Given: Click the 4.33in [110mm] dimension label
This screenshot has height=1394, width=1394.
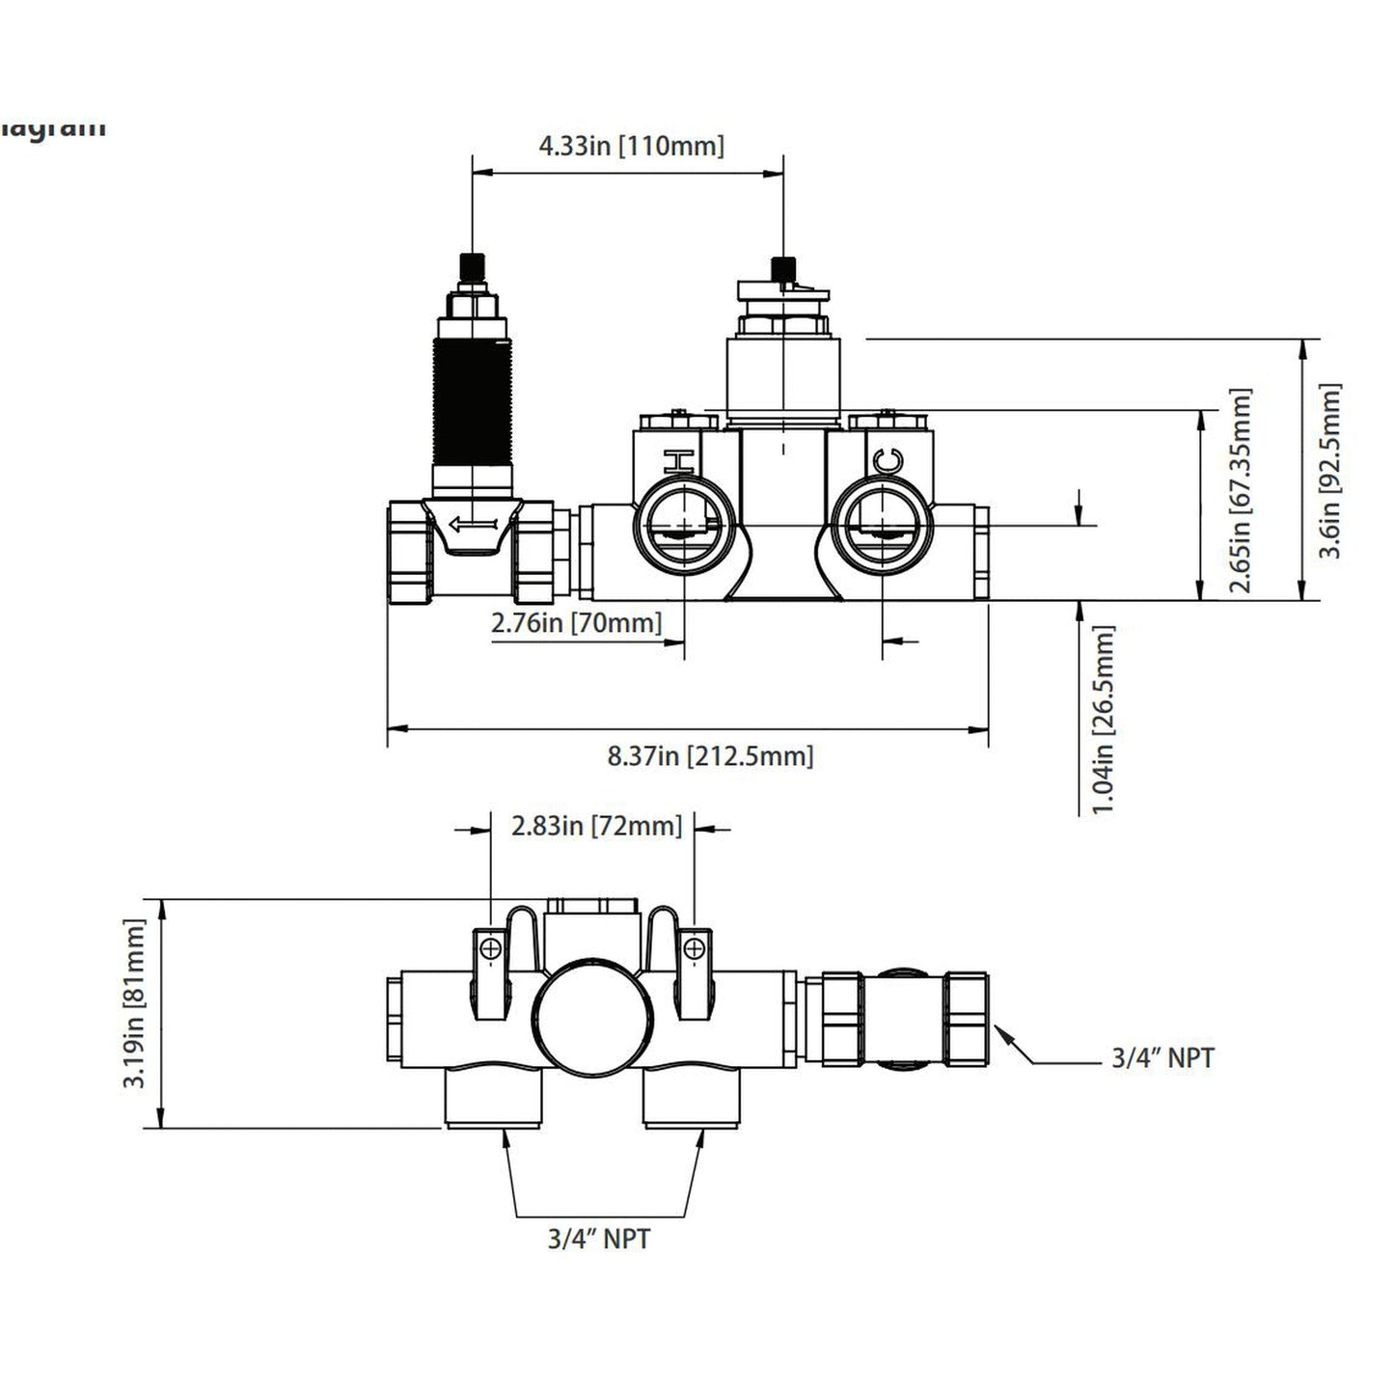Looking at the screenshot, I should (631, 147).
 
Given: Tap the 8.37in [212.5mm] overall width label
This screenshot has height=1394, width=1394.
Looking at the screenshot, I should (710, 755).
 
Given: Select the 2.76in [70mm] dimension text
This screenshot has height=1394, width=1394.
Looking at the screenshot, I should (576, 623).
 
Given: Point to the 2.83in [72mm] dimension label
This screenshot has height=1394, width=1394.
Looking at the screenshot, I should (596, 826).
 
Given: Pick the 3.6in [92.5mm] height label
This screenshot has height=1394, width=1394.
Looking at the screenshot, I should (1330, 471).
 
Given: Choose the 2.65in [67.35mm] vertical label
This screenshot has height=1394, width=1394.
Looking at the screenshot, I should (1241, 490).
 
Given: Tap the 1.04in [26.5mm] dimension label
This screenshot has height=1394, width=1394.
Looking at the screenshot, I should (1104, 720).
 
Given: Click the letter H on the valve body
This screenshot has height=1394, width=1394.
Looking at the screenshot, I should (680, 461).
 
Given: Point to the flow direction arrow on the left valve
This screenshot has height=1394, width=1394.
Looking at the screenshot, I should (473, 525).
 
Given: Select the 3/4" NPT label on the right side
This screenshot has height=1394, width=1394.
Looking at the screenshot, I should (1162, 1058).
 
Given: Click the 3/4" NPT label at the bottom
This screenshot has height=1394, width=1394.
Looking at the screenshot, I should (599, 1239).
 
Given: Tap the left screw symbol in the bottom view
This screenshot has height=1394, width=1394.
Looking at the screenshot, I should (490, 950).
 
